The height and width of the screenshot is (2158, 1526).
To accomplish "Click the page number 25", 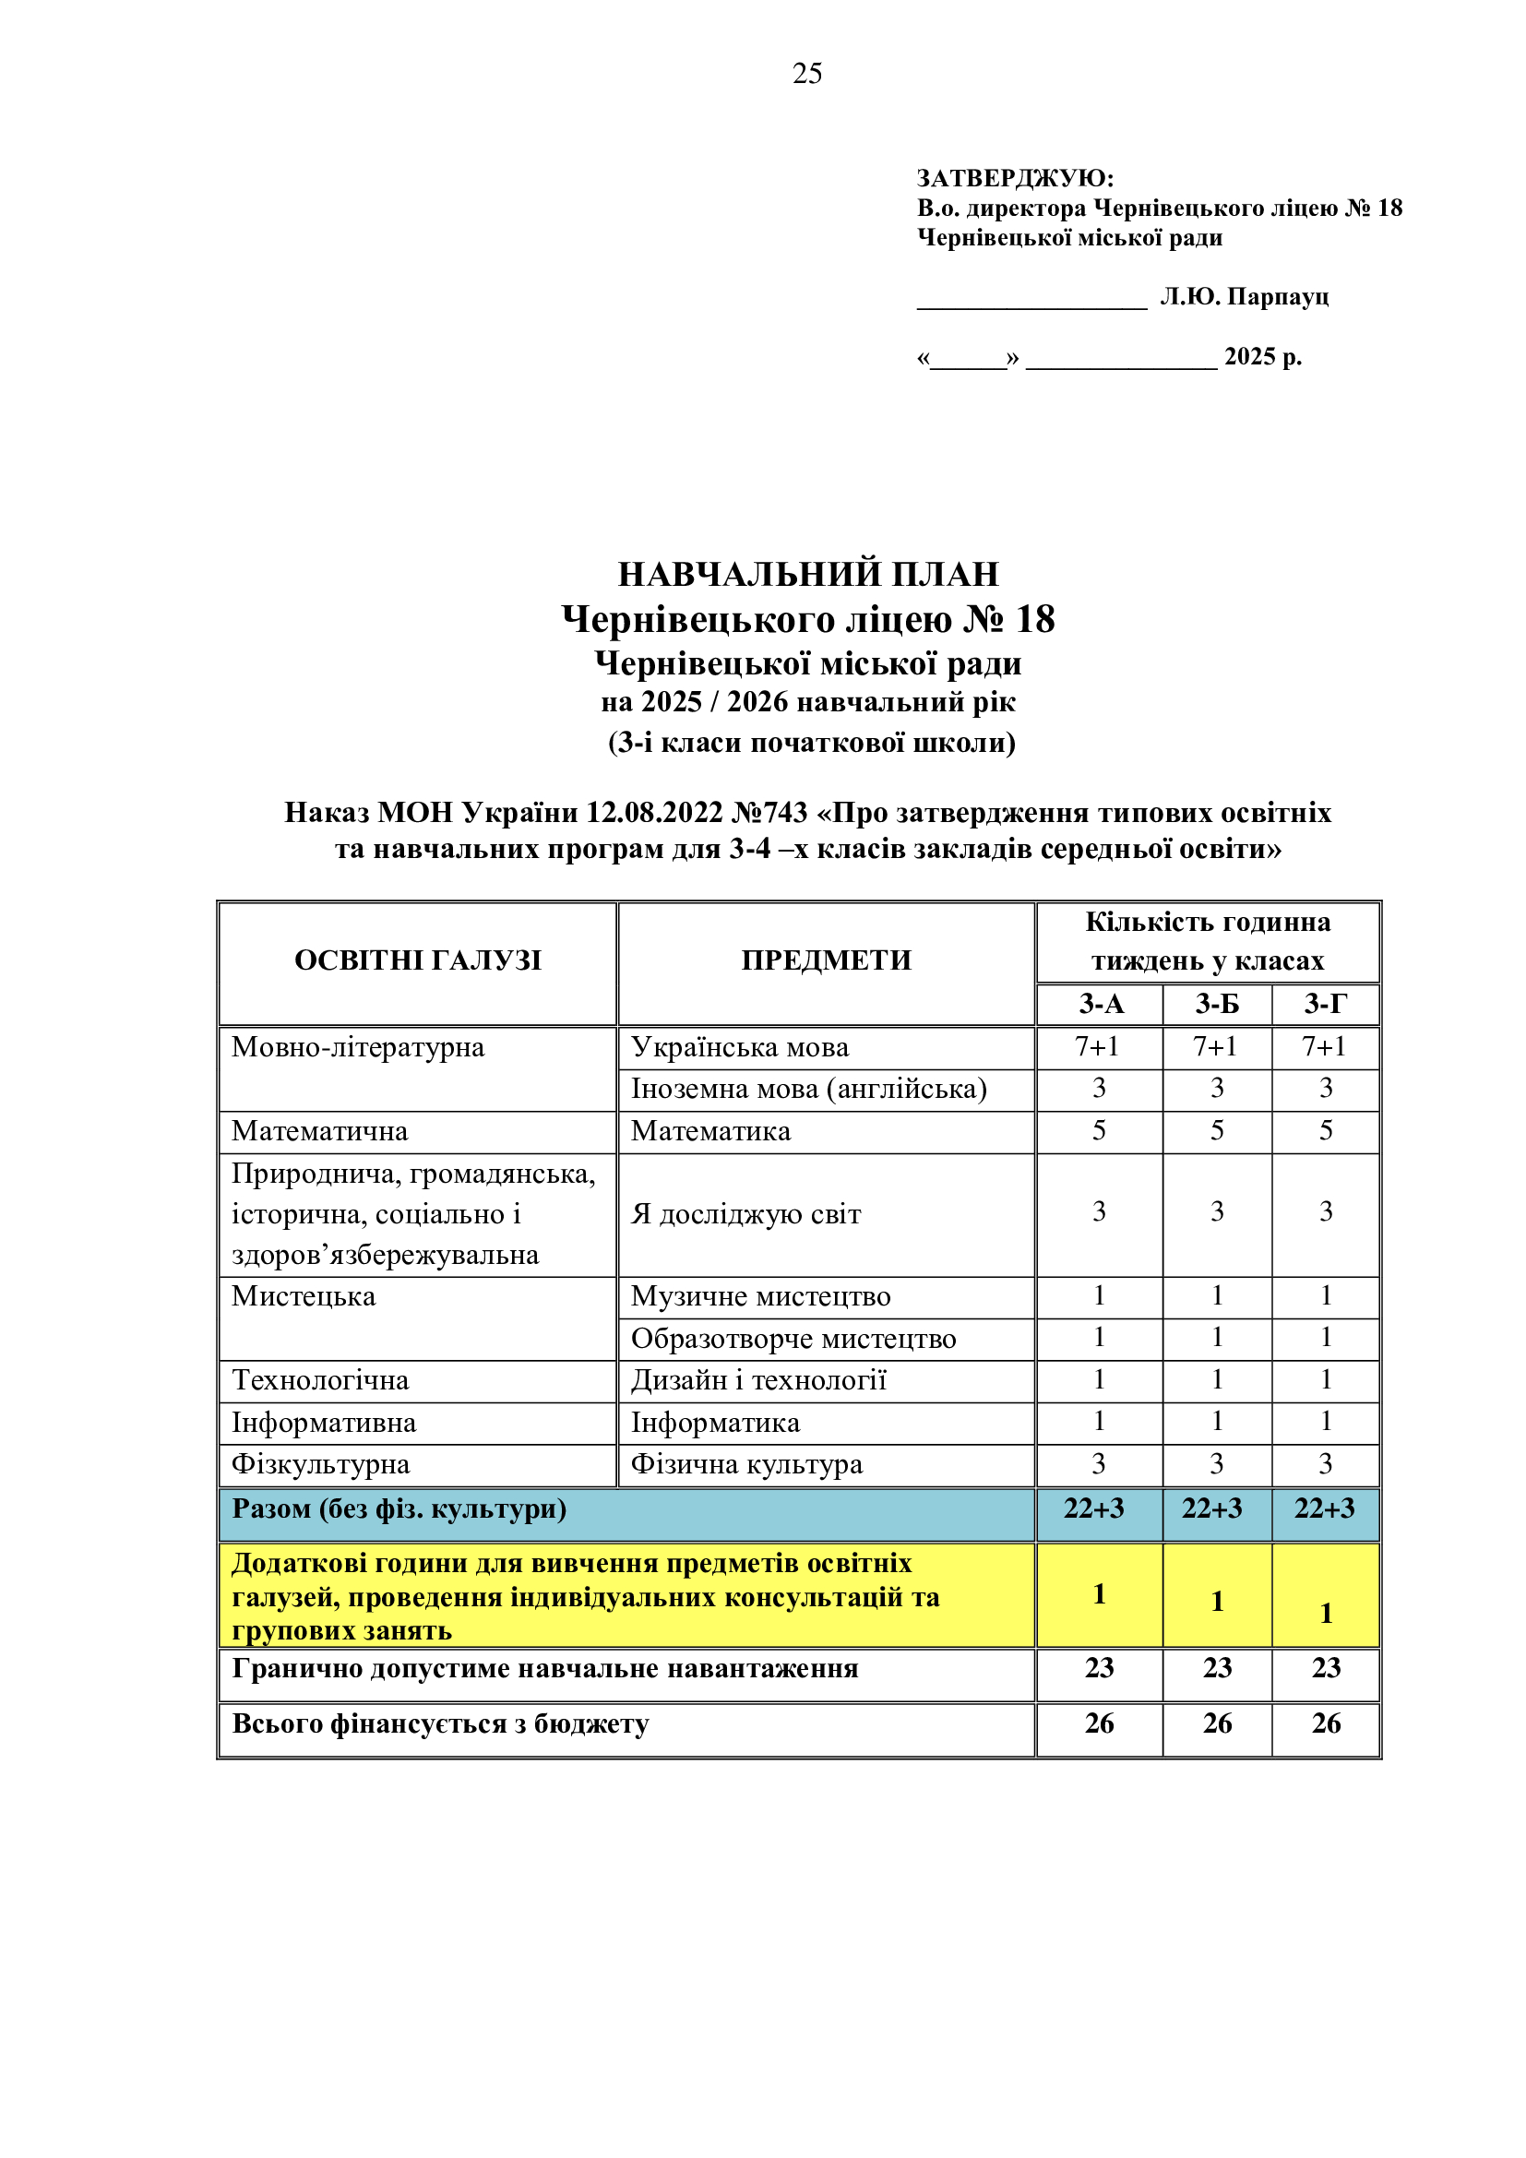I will click(807, 73).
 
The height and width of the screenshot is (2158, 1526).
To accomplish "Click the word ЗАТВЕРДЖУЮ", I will click(1014, 178).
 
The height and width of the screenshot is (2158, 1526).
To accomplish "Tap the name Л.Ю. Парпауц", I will click(1244, 297).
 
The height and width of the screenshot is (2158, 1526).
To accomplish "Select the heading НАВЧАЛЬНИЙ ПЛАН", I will click(808, 573).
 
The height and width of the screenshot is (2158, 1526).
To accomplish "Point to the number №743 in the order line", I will click(769, 812).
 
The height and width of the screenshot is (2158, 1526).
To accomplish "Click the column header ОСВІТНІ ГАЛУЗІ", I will click(418, 960).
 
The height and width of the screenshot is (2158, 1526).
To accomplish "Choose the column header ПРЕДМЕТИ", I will click(826, 960).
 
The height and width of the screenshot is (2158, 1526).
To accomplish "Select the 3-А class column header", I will click(1101, 1005).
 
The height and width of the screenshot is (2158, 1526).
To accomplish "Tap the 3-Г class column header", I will click(1325, 1005).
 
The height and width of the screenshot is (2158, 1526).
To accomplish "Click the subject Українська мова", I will click(740, 1047).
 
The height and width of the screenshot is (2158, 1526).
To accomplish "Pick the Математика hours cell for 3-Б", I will click(1217, 1131).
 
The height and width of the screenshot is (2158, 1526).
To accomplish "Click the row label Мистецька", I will click(304, 1296).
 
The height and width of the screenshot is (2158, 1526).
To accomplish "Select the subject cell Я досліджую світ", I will click(745, 1214).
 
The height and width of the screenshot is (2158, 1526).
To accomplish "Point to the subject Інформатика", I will click(715, 1423).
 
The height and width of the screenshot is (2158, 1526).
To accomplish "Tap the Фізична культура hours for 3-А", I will click(1099, 1464).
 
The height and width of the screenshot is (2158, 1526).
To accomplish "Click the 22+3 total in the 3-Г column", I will click(1325, 1508).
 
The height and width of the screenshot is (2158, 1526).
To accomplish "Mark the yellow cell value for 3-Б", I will click(1217, 1601).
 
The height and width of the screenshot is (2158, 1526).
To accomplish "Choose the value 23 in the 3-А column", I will click(1100, 1668).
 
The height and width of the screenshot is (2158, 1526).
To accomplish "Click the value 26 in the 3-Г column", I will click(1326, 1723).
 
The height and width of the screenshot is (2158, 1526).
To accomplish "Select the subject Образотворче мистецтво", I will click(793, 1339).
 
